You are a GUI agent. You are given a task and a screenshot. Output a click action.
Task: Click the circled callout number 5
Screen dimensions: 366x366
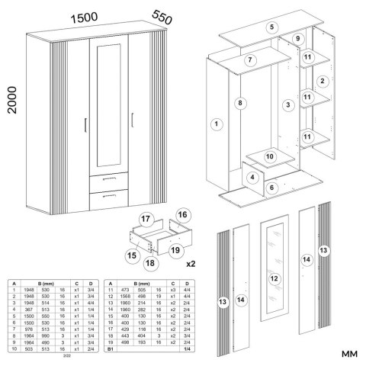(271, 27)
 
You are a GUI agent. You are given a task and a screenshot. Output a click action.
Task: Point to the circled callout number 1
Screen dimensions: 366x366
(217, 124)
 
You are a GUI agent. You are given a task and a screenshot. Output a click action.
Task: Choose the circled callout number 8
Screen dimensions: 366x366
(239, 102)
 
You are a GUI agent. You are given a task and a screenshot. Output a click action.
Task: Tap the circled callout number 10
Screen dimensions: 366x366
(269, 156)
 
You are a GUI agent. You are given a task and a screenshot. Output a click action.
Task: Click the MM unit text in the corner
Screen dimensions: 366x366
(349, 354)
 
